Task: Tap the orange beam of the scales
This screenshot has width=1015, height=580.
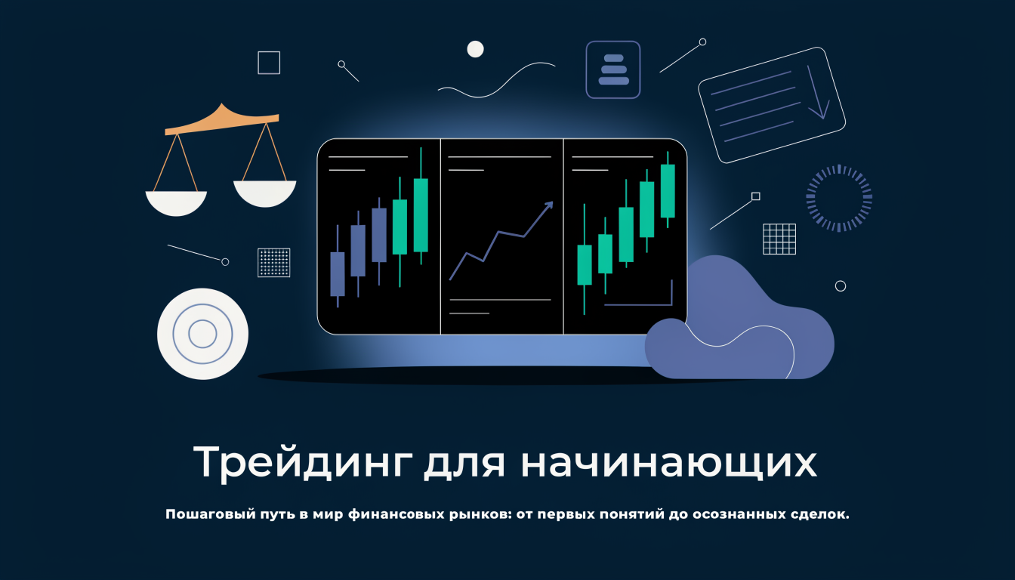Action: point(222,121)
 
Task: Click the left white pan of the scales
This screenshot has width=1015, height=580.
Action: point(176,203)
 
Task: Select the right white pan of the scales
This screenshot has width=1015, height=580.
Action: point(265,193)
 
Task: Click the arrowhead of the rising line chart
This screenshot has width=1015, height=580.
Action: point(549,205)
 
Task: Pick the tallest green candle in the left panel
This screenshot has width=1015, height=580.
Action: point(421,215)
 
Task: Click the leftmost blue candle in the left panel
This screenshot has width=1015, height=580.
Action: point(338,273)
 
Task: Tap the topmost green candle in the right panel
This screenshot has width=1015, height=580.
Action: point(668,191)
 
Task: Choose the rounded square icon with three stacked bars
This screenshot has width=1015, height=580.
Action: point(613,69)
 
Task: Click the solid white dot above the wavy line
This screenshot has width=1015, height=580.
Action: point(475,49)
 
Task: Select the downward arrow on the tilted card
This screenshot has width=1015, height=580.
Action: point(818,94)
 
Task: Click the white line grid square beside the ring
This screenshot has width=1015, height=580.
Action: point(779,239)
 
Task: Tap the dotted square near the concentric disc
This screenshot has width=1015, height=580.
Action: point(273,262)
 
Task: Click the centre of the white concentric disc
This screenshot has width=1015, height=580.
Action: point(202,334)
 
